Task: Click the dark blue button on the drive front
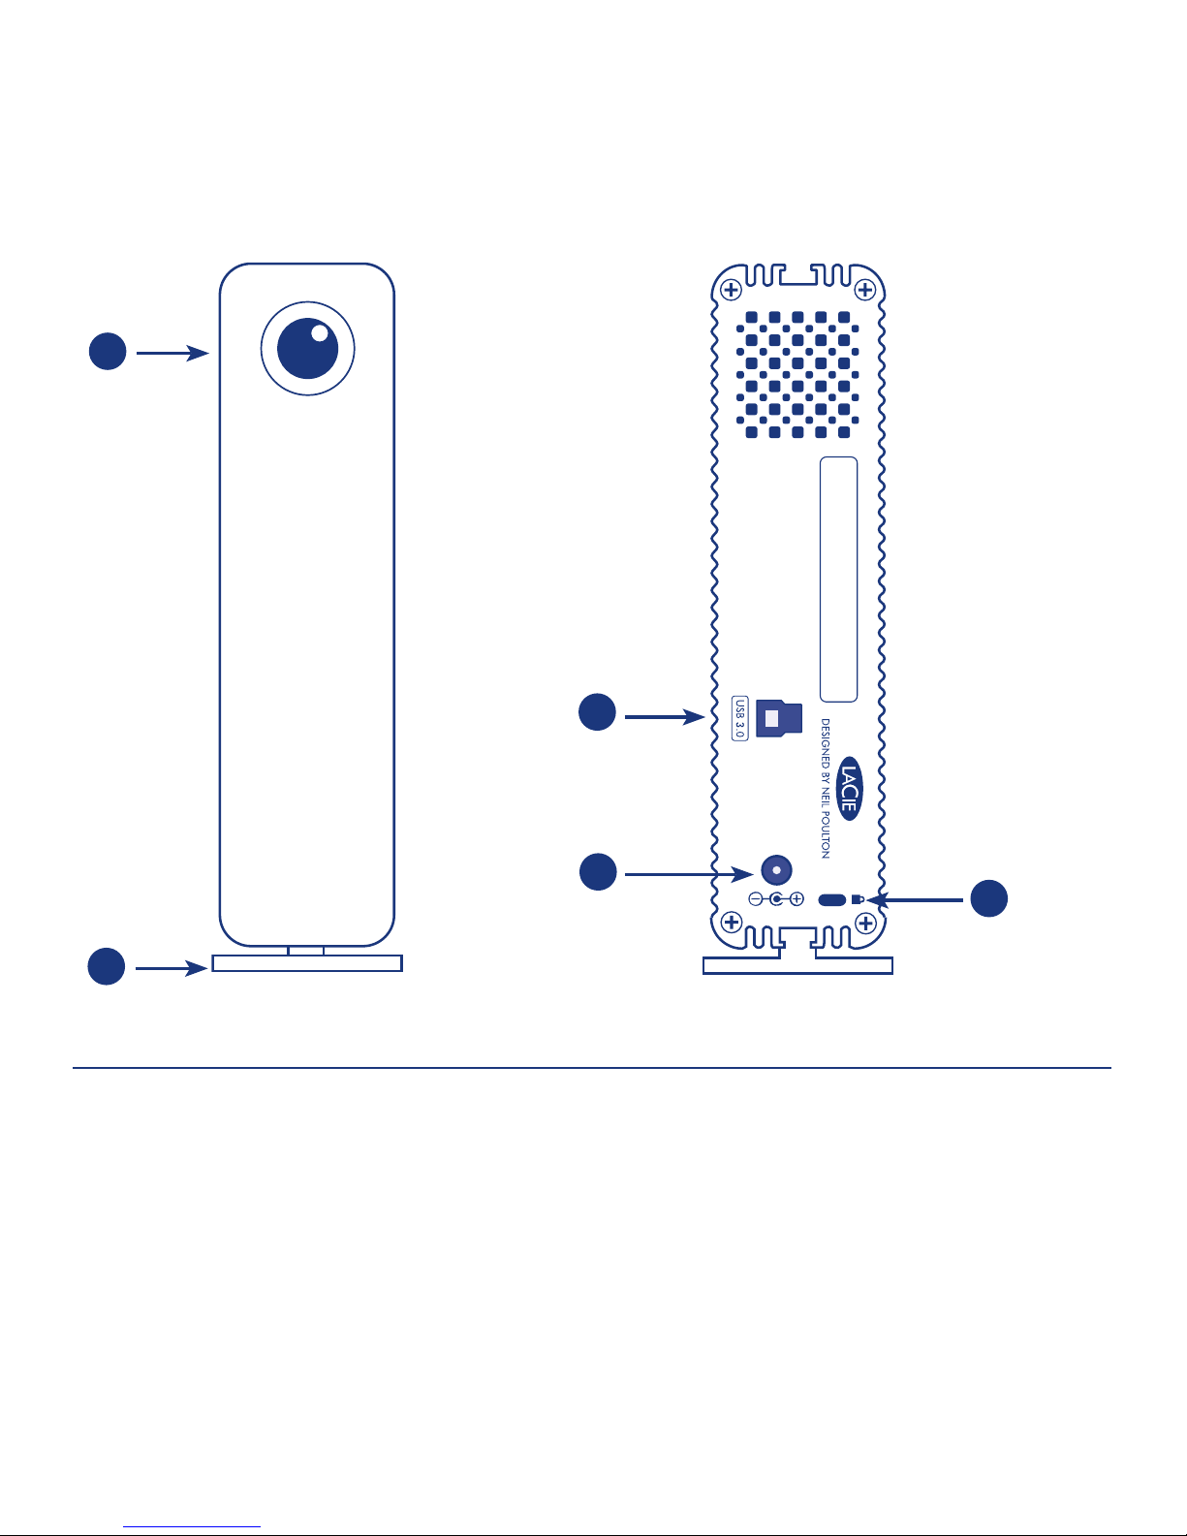tap(307, 349)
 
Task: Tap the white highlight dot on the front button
tap(320, 333)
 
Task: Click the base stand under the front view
tap(307, 962)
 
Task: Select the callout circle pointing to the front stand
tap(107, 966)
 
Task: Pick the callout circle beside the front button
tap(108, 352)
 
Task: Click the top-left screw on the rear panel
tap(731, 290)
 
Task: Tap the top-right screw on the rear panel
tap(865, 290)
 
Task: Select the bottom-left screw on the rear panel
tap(732, 923)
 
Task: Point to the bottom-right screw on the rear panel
tap(865, 924)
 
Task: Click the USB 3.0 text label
tap(739, 718)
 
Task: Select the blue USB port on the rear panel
tap(779, 719)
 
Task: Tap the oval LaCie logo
tap(849, 788)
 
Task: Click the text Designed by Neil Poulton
tap(826, 788)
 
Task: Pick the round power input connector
tap(776, 870)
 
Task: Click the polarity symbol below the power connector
tap(776, 899)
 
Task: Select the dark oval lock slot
tap(831, 900)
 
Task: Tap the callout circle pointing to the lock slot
tap(989, 898)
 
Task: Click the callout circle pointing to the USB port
tap(597, 712)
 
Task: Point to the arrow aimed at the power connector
tap(689, 874)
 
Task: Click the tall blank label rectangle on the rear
tap(839, 580)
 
